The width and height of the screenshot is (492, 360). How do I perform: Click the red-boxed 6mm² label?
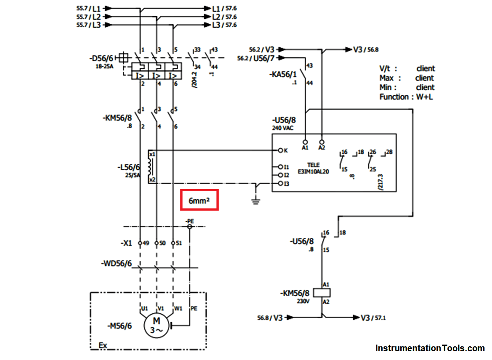[199, 201]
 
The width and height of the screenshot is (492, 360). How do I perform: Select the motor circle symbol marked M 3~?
[156, 326]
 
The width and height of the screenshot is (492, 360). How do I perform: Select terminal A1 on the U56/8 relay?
[305, 143]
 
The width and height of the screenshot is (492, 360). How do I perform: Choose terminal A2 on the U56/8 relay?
[322, 143]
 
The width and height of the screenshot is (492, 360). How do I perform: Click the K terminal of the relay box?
[280, 150]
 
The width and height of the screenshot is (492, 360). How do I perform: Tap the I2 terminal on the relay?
[280, 175]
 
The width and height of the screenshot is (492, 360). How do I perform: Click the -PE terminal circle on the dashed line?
[190, 226]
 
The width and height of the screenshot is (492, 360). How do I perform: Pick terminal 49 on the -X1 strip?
[140, 243]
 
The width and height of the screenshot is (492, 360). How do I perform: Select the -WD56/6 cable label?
[116, 264]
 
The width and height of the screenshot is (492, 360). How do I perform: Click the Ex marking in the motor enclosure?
[102, 345]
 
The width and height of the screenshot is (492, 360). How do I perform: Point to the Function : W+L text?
[406, 97]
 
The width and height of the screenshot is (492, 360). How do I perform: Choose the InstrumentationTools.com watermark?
[430, 348]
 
